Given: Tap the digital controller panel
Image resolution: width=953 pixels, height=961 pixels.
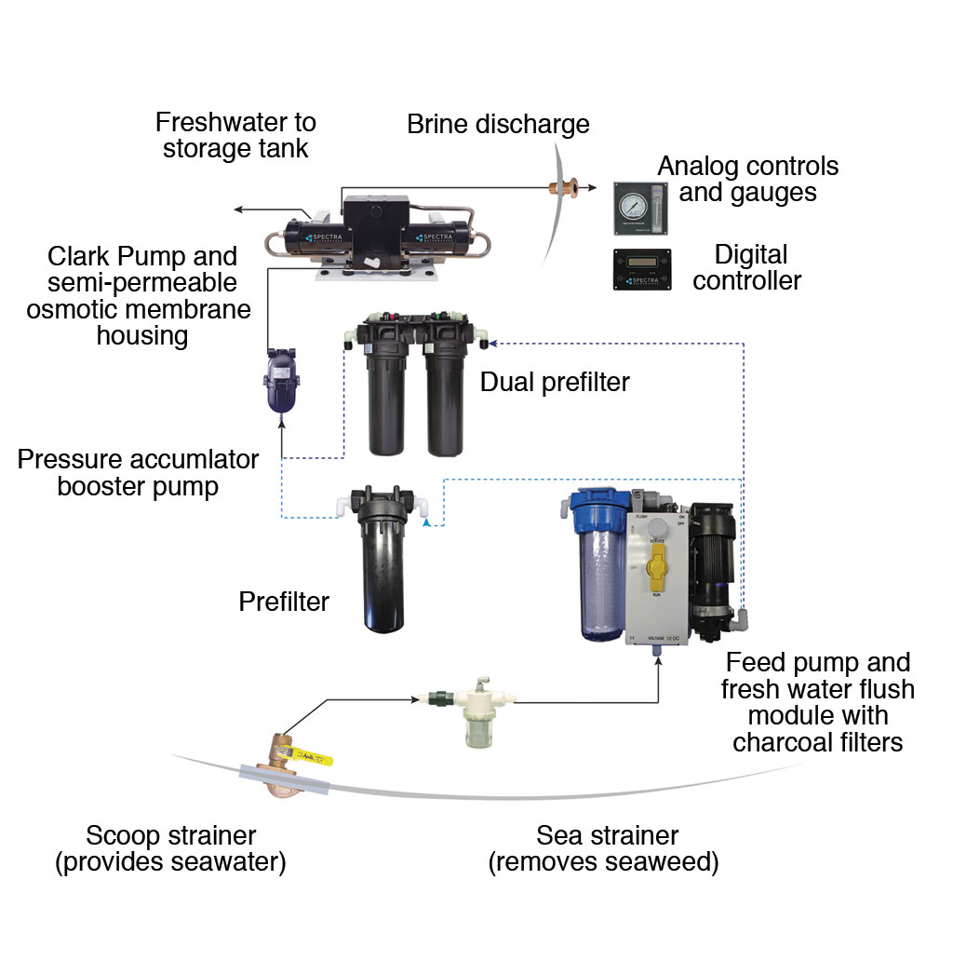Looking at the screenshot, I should (641, 270).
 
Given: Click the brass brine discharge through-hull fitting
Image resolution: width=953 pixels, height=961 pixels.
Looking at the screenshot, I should (564, 189).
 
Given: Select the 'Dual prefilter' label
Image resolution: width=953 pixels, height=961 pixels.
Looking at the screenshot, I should (555, 382).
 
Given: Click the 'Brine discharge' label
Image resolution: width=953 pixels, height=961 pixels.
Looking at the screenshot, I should (498, 125).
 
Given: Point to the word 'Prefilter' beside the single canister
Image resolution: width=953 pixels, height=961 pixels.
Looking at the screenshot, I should (284, 602).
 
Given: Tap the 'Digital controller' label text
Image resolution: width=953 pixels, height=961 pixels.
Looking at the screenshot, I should (746, 267).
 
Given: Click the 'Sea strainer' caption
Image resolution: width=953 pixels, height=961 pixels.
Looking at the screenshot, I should (604, 848).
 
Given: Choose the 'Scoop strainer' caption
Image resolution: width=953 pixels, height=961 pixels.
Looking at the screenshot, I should (170, 848).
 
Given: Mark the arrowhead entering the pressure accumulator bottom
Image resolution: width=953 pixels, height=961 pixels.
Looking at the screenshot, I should (282, 422).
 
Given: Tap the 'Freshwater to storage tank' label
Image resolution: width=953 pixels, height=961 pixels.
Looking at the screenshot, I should (235, 135).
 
